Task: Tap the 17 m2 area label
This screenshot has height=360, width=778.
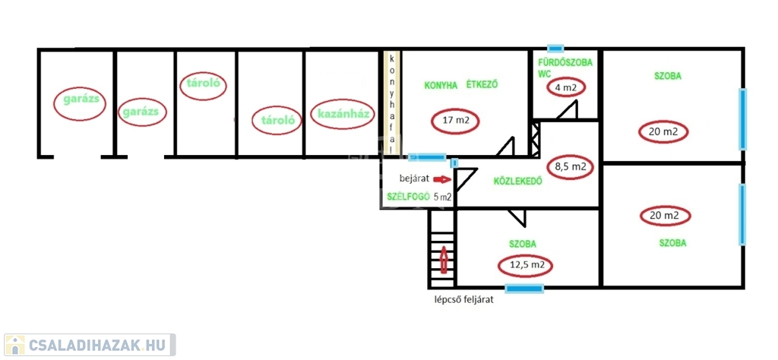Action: (456, 120)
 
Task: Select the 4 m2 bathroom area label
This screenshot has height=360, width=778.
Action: (566, 88)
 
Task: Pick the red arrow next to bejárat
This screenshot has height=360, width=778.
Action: (441, 178)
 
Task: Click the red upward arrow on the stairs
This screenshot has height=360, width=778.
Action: (444, 260)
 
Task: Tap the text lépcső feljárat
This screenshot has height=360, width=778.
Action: (464, 299)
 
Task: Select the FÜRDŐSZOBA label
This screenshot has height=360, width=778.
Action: (565, 63)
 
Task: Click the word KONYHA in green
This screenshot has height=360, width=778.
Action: (441, 85)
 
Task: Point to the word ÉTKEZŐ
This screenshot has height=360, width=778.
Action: (481, 84)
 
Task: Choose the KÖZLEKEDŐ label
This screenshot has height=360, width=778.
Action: (517, 181)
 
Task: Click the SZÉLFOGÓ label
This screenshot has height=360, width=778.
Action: (408, 197)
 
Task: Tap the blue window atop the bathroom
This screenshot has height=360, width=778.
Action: (555, 49)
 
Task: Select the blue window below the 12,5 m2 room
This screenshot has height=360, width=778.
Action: (524, 288)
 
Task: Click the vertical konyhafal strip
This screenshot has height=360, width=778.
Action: (391, 103)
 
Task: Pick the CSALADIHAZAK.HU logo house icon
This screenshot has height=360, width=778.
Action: (15, 345)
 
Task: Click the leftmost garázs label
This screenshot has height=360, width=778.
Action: (84, 99)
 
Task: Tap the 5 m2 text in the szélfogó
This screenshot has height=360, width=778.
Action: (443, 197)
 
